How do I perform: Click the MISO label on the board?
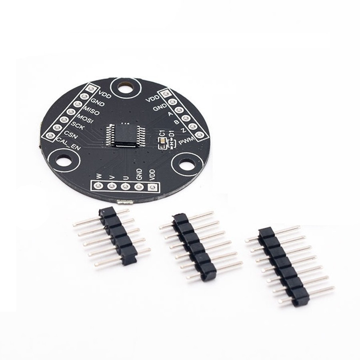91,110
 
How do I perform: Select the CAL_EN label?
69,144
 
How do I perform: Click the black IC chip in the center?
126,135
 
